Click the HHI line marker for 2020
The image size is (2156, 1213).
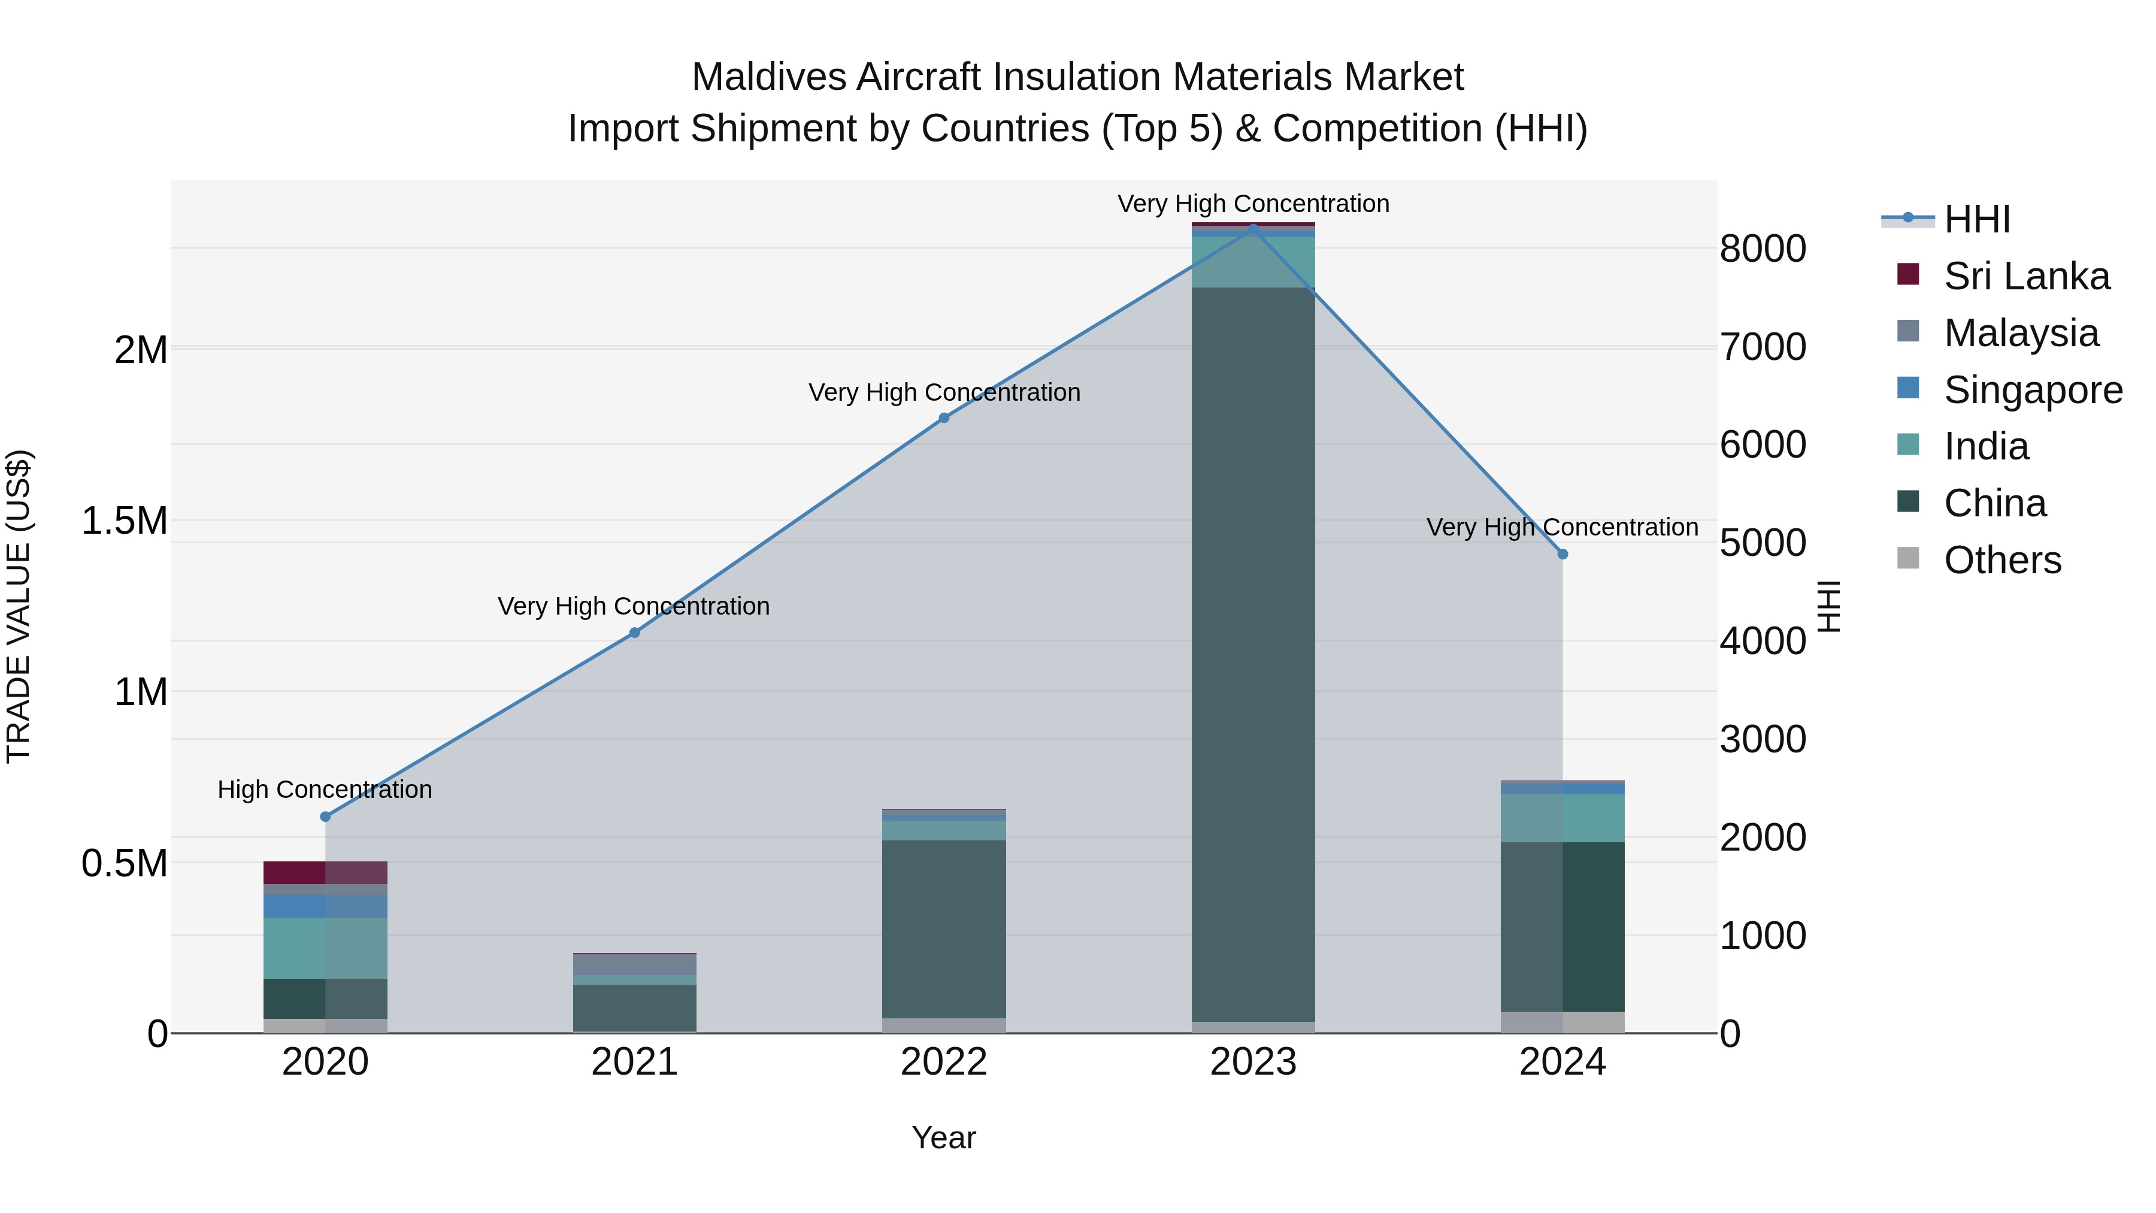coord(326,816)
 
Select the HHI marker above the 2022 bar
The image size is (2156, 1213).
coord(944,418)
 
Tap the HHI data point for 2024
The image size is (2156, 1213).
coord(1563,554)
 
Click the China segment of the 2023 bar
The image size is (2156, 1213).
coord(1253,653)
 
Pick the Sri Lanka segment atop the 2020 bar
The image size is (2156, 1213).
coord(326,872)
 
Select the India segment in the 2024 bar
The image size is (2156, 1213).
coord(1563,818)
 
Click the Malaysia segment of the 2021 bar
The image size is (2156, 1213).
coord(634,964)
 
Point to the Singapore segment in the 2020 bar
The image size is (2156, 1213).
coord(326,906)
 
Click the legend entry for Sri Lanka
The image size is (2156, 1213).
coord(2026,276)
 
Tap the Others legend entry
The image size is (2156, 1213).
coord(2002,560)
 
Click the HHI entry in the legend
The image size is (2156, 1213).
coord(1976,219)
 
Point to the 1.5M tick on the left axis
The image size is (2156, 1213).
coord(125,521)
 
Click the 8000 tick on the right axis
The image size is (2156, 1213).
coord(1763,249)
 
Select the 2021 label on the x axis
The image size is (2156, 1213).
coord(634,1062)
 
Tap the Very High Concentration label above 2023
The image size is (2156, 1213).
coord(1253,204)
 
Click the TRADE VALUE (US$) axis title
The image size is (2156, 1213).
coord(19,606)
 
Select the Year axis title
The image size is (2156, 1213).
coord(943,1138)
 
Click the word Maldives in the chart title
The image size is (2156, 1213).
coord(769,77)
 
